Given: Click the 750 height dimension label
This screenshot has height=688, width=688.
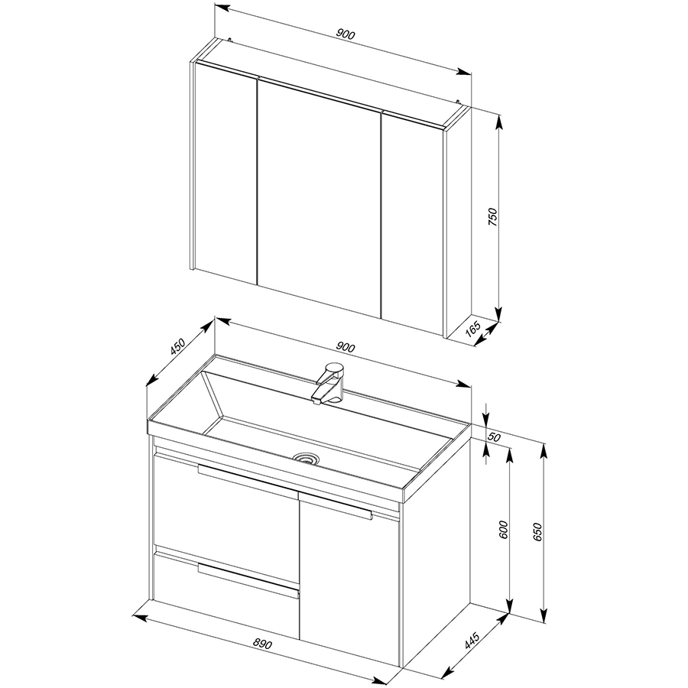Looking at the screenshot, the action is click(x=493, y=217).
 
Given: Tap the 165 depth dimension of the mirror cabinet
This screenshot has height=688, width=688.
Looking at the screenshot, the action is click(x=473, y=329).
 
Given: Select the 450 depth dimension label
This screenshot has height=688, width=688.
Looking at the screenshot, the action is click(x=178, y=346).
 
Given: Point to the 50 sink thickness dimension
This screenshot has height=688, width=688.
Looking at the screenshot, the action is click(x=495, y=437).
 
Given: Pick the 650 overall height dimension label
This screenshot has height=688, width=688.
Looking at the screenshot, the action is click(x=538, y=531).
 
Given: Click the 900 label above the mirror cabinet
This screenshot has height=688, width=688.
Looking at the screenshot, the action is click(x=346, y=34).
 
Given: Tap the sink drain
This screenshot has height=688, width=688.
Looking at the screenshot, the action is click(x=307, y=458).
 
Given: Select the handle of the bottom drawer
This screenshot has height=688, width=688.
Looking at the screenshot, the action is click(x=248, y=580).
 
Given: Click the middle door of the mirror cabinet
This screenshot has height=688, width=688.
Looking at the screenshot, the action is click(x=319, y=196).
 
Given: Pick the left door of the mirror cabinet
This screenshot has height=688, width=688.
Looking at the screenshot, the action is click(x=226, y=174).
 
